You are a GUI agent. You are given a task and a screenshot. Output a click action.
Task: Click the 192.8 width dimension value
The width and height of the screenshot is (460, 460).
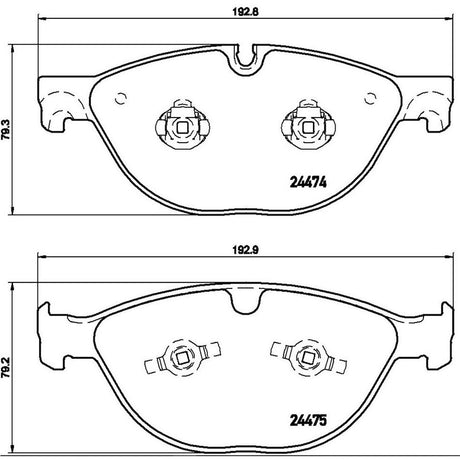245,11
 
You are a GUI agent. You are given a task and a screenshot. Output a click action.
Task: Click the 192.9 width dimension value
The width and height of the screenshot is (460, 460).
245,250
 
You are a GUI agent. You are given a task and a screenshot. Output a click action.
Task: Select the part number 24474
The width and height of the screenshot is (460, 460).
308,182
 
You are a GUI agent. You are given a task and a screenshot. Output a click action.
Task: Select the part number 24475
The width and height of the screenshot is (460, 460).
308,421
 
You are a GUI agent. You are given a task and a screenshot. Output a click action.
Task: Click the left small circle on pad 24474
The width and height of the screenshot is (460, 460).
121,99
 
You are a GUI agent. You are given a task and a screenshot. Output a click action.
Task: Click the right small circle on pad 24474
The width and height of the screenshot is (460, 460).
370,99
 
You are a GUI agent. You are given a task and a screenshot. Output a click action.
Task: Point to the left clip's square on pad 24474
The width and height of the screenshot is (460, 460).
182,127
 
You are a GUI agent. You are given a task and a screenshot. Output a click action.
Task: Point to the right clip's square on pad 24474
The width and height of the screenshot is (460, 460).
308,127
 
